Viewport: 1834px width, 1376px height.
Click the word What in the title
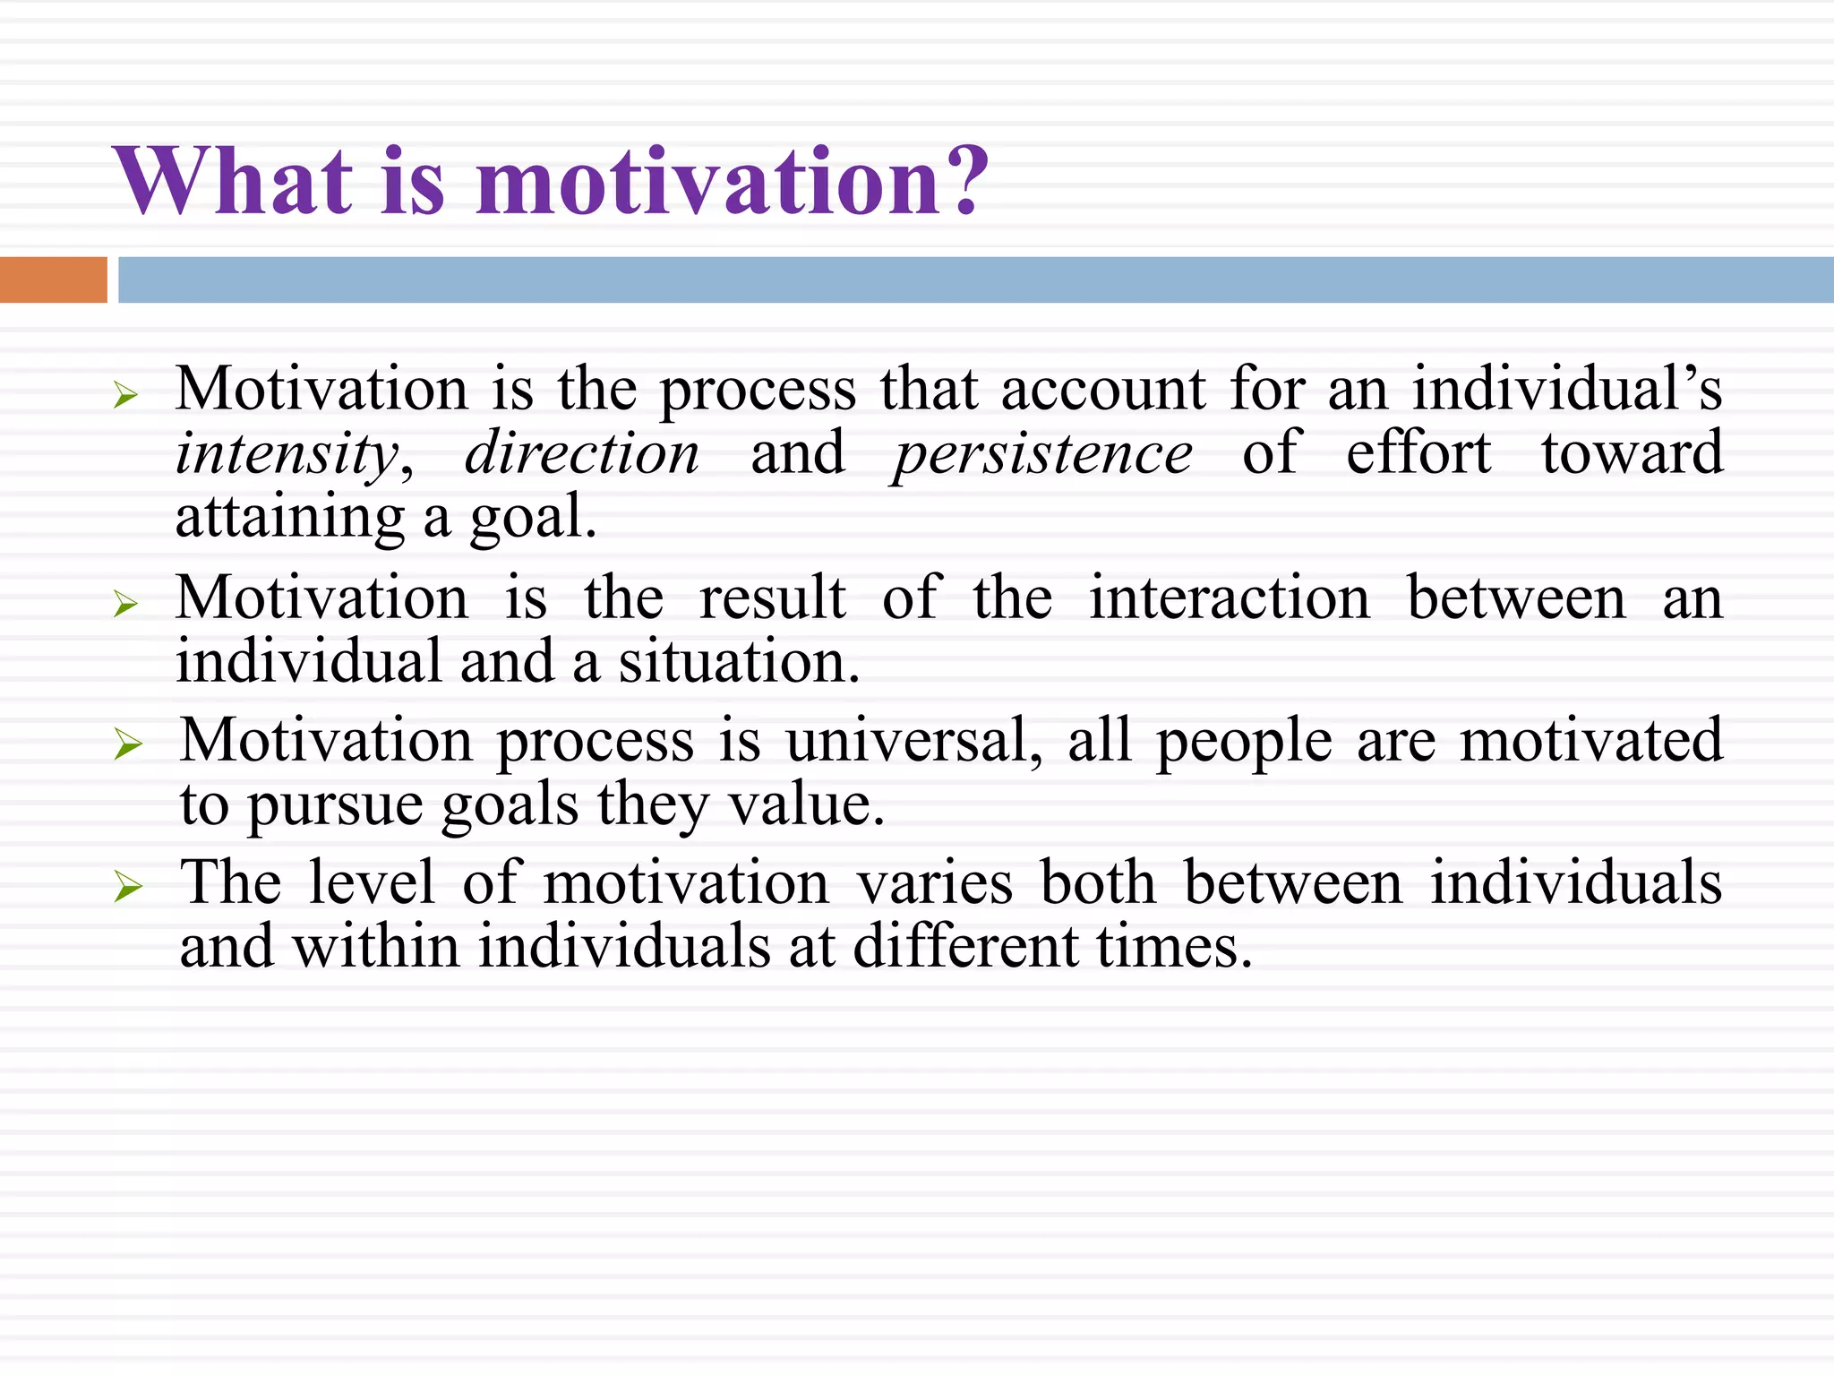(233, 181)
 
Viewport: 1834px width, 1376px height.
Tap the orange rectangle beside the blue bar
(53, 279)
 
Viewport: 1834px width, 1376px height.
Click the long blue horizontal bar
(974, 279)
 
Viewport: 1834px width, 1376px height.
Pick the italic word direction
(582, 453)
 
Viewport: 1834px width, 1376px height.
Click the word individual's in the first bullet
(1567, 390)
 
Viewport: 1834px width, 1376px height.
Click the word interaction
(1229, 598)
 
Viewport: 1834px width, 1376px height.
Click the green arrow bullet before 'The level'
(128, 888)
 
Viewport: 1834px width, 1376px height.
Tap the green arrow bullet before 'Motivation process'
(128, 744)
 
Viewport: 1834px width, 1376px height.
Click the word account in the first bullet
(1103, 390)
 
